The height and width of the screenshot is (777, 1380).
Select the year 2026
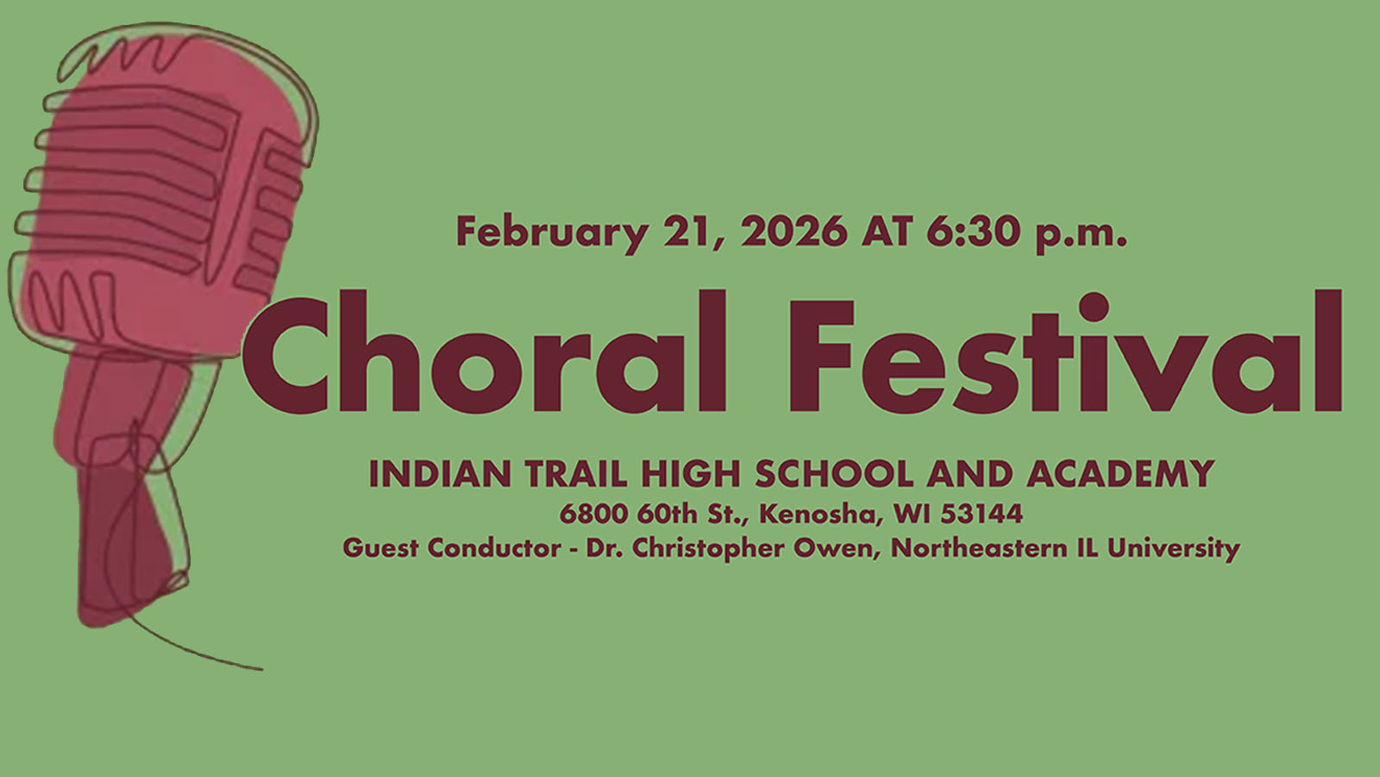coord(794,231)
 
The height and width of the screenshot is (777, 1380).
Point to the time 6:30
coord(974,231)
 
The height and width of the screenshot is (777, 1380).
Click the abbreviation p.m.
coord(1082,233)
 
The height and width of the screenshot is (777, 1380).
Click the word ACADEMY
coord(1120,474)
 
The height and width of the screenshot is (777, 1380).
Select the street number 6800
coord(593,514)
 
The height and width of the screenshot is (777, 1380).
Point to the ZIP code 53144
coord(982,514)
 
